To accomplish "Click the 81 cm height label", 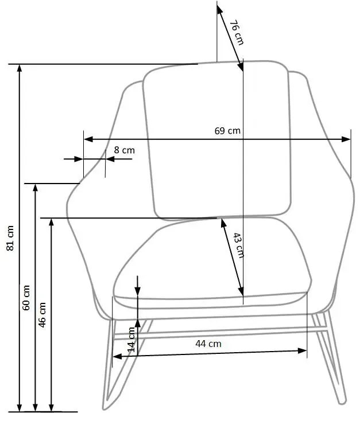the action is [x=10, y=238].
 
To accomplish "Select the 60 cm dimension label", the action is [x=26, y=298].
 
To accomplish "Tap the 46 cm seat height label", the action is [x=42, y=315].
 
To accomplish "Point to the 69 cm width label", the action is [x=227, y=131].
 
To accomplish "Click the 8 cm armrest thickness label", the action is [x=124, y=150].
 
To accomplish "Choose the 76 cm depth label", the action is [x=237, y=33].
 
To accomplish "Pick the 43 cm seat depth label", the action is [x=238, y=245].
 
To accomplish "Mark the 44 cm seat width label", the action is [x=208, y=344].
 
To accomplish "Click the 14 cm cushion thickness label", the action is [x=131, y=340].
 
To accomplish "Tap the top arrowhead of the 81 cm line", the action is [x=20, y=68].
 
